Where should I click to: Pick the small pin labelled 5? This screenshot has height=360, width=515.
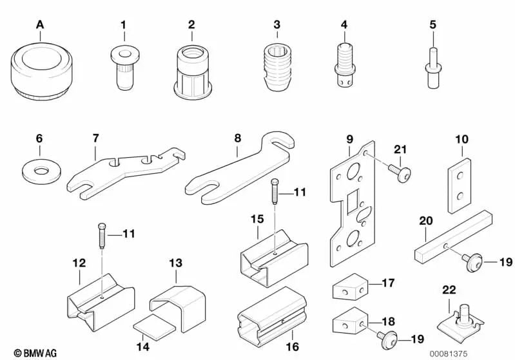432,66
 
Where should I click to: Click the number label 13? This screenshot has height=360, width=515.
176,263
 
